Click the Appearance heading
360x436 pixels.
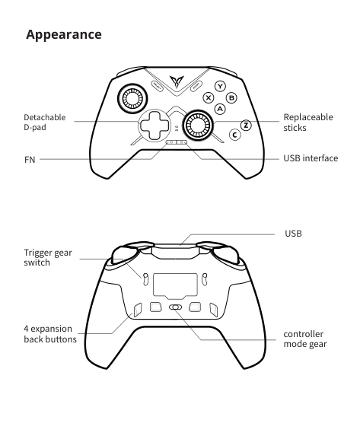[x=64, y=35]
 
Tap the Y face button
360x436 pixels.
[x=221, y=86]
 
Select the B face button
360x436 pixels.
[x=231, y=98]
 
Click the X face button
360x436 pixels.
[x=209, y=97]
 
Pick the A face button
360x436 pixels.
[x=220, y=109]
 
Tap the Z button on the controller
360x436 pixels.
[x=246, y=126]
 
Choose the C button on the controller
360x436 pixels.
[x=235, y=135]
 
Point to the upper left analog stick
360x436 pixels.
[x=132, y=98]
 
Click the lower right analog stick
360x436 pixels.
[x=198, y=125]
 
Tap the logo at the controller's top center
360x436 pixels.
[x=177, y=81]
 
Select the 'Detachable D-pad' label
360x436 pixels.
[x=44, y=123]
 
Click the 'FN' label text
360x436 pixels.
[x=30, y=160]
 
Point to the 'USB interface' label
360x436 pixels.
[x=311, y=158]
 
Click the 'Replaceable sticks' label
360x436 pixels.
[x=308, y=123]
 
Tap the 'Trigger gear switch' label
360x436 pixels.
[x=48, y=257]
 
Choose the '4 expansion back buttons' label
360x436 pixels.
[x=50, y=334]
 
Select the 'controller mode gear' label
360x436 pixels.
[x=305, y=339]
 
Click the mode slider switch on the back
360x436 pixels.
[x=176, y=307]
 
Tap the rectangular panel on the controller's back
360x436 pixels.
[x=175, y=286]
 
